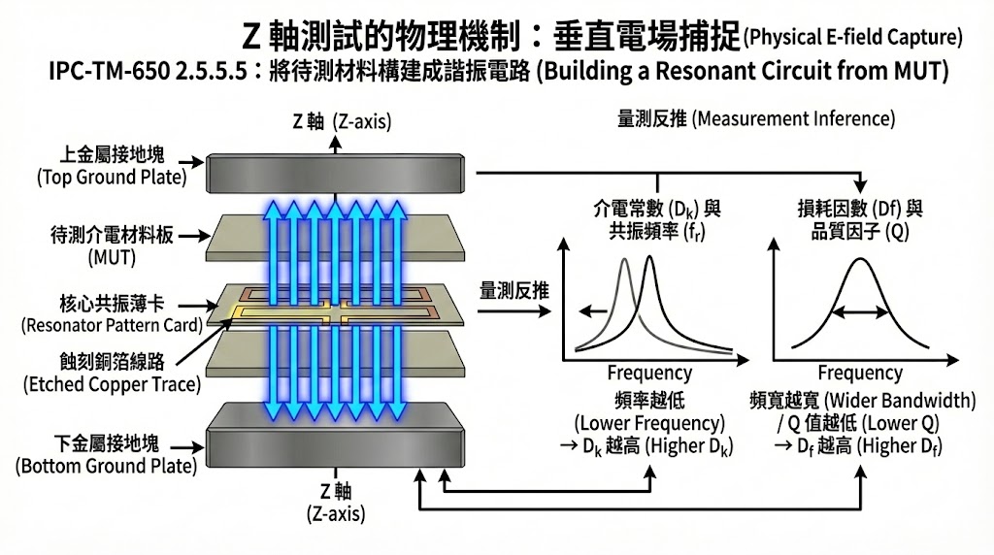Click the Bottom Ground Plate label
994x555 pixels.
[107, 465]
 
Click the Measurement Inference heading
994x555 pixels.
[756, 118]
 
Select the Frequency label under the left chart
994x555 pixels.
[649, 373]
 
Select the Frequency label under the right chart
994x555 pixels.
[860, 373]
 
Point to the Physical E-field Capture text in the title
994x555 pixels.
[852, 39]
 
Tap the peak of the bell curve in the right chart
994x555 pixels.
[860, 259]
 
